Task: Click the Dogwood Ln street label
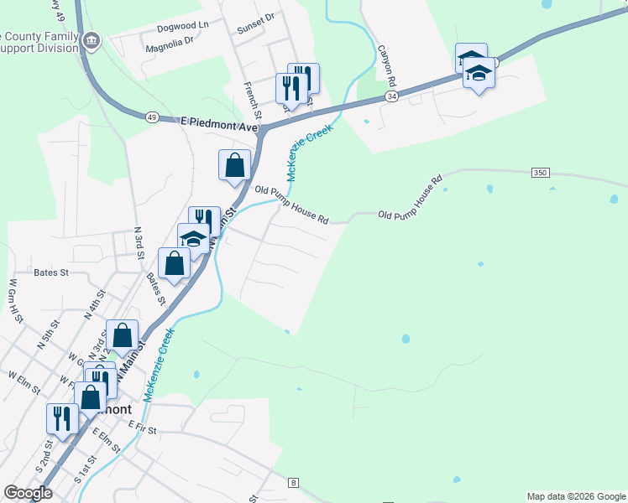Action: pos(182,26)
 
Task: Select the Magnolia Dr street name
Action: pos(170,39)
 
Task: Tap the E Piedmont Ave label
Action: pos(218,122)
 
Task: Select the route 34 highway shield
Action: pos(392,97)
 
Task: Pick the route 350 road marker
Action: pos(540,173)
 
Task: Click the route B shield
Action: pos(293,483)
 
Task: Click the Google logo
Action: pos(28,493)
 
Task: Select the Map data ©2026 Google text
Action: pos(575,496)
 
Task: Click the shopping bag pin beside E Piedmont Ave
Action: pos(234,165)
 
